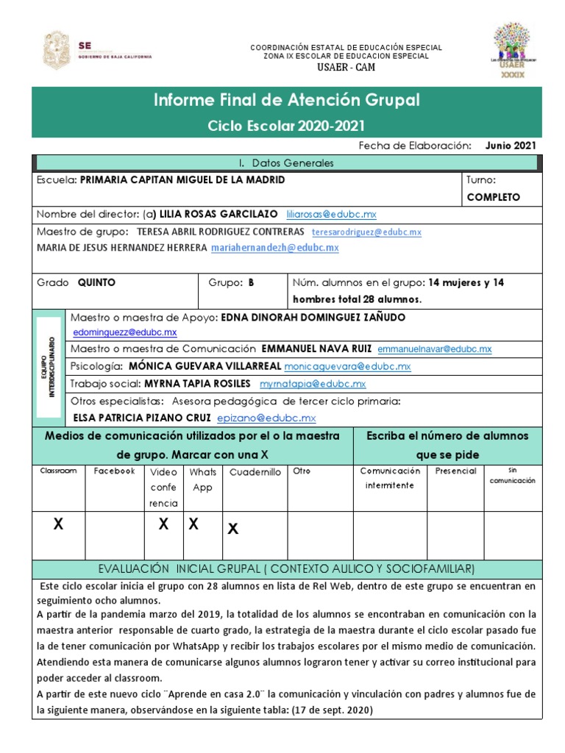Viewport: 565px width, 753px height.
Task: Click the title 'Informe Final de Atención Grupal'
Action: coord(287,100)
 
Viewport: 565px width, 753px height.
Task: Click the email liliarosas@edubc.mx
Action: coord(331,214)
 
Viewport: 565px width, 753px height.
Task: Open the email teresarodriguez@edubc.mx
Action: coord(366,232)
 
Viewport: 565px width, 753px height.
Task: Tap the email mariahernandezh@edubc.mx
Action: coord(275,248)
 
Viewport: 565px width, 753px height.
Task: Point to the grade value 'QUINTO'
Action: coord(97,282)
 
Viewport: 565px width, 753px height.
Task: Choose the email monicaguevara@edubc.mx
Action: coord(347,365)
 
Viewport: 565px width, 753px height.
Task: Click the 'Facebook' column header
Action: coord(114,471)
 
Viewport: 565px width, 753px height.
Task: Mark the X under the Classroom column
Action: coord(59,524)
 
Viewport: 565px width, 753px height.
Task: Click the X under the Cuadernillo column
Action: coord(232,528)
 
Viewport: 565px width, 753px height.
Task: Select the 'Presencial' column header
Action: coord(455,471)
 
